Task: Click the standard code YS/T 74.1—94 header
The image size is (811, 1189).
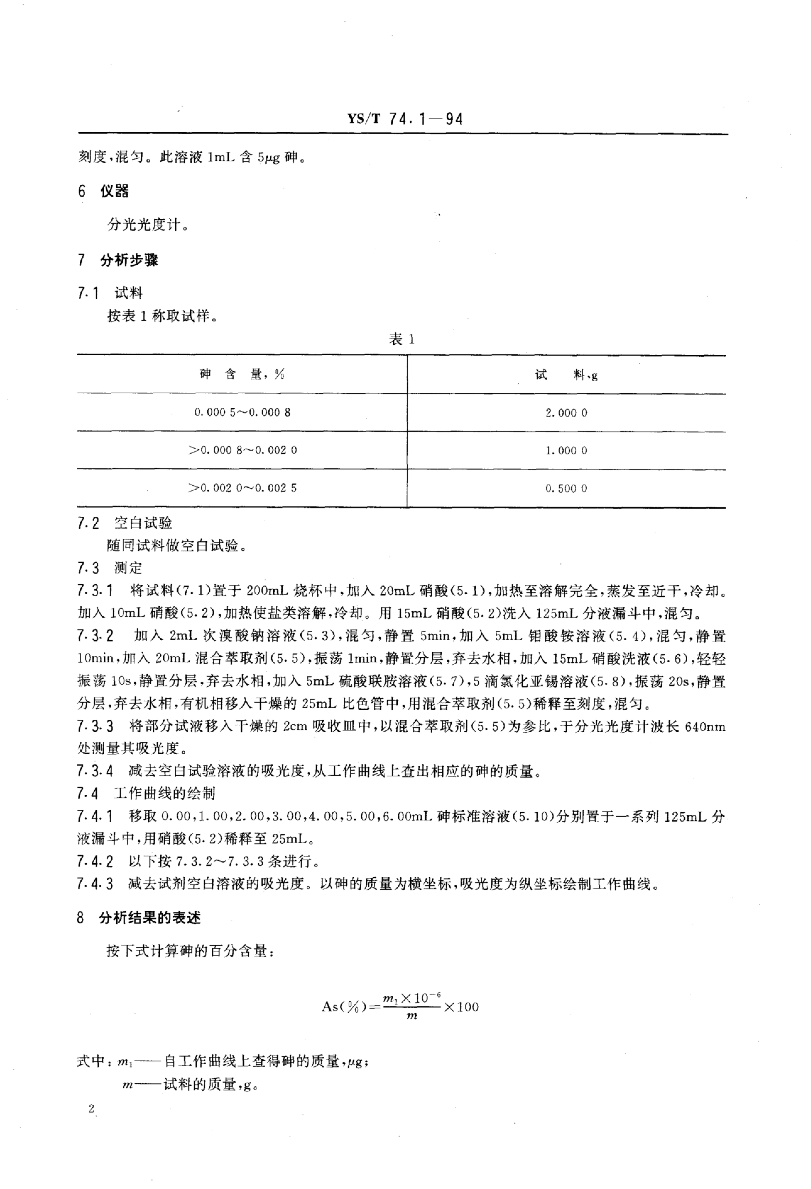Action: [x=405, y=119]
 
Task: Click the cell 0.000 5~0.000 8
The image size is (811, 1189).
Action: [x=242, y=412]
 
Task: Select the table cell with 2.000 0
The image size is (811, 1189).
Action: [x=566, y=413]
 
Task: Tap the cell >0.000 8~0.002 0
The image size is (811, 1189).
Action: [x=242, y=450]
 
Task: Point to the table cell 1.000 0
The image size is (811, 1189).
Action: [x=566, y=451]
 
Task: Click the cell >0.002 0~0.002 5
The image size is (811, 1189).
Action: [x=242, y=488]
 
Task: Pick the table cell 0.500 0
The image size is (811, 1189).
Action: [x=566, y=489]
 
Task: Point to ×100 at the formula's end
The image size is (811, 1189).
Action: [x=461, y=1007]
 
